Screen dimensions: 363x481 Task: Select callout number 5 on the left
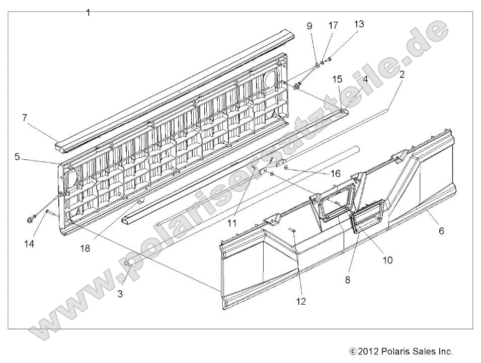(x=17, y=157)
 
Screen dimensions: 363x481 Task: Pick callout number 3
(x=120, y=294)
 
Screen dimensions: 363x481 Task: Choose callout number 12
(x=301, y=302)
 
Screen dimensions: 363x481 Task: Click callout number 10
(x=387, y=260)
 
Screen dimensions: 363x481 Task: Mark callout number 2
(x=403, y=75)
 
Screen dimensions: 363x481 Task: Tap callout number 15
(x=337, y=79)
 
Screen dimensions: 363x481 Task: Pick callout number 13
(x=359, y=24)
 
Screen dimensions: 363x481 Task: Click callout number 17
(x=333, y=25)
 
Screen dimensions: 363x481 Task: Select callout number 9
(x=309, y=26)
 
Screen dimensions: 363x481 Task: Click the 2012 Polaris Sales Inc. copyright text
(x=401, y=351)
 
